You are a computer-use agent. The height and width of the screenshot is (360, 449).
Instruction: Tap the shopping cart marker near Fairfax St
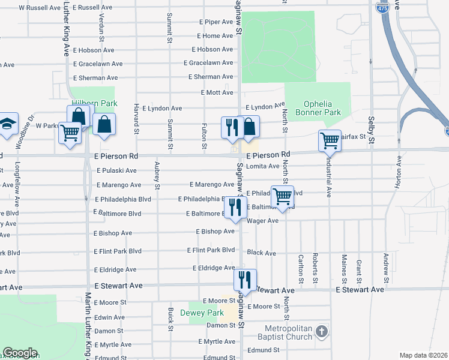pos(330,141)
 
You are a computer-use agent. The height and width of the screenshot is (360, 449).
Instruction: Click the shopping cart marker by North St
pos(282,196)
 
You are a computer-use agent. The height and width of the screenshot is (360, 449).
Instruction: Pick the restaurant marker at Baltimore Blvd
pos(235,208)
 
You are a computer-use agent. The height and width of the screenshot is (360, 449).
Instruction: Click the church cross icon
pos(322,331)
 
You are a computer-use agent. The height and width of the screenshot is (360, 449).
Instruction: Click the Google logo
pos(20,352)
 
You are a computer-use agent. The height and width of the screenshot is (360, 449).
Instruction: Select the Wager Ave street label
pos(262,221)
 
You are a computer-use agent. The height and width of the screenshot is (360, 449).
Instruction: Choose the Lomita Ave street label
pos(263,166)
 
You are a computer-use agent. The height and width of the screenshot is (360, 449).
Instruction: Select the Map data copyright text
pos(423,355)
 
